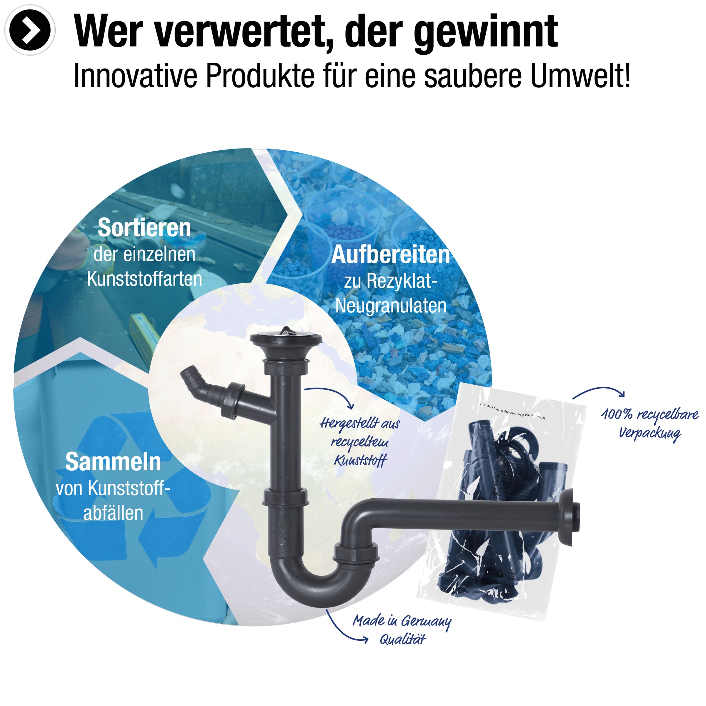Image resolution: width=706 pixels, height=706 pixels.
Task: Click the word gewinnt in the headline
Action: (x=486, y=32)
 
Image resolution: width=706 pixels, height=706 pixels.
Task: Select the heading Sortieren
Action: (x=144, y=228)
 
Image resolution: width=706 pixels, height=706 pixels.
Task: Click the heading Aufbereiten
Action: (x=391, y=255)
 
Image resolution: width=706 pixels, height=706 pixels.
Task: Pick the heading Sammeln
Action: (x=113, y=462)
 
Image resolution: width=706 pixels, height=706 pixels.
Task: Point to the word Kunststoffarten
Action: (x=144, y=279)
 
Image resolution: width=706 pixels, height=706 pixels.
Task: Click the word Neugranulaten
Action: (x=391, y=306)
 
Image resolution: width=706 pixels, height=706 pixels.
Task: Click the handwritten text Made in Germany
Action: (x=402, y=621)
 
